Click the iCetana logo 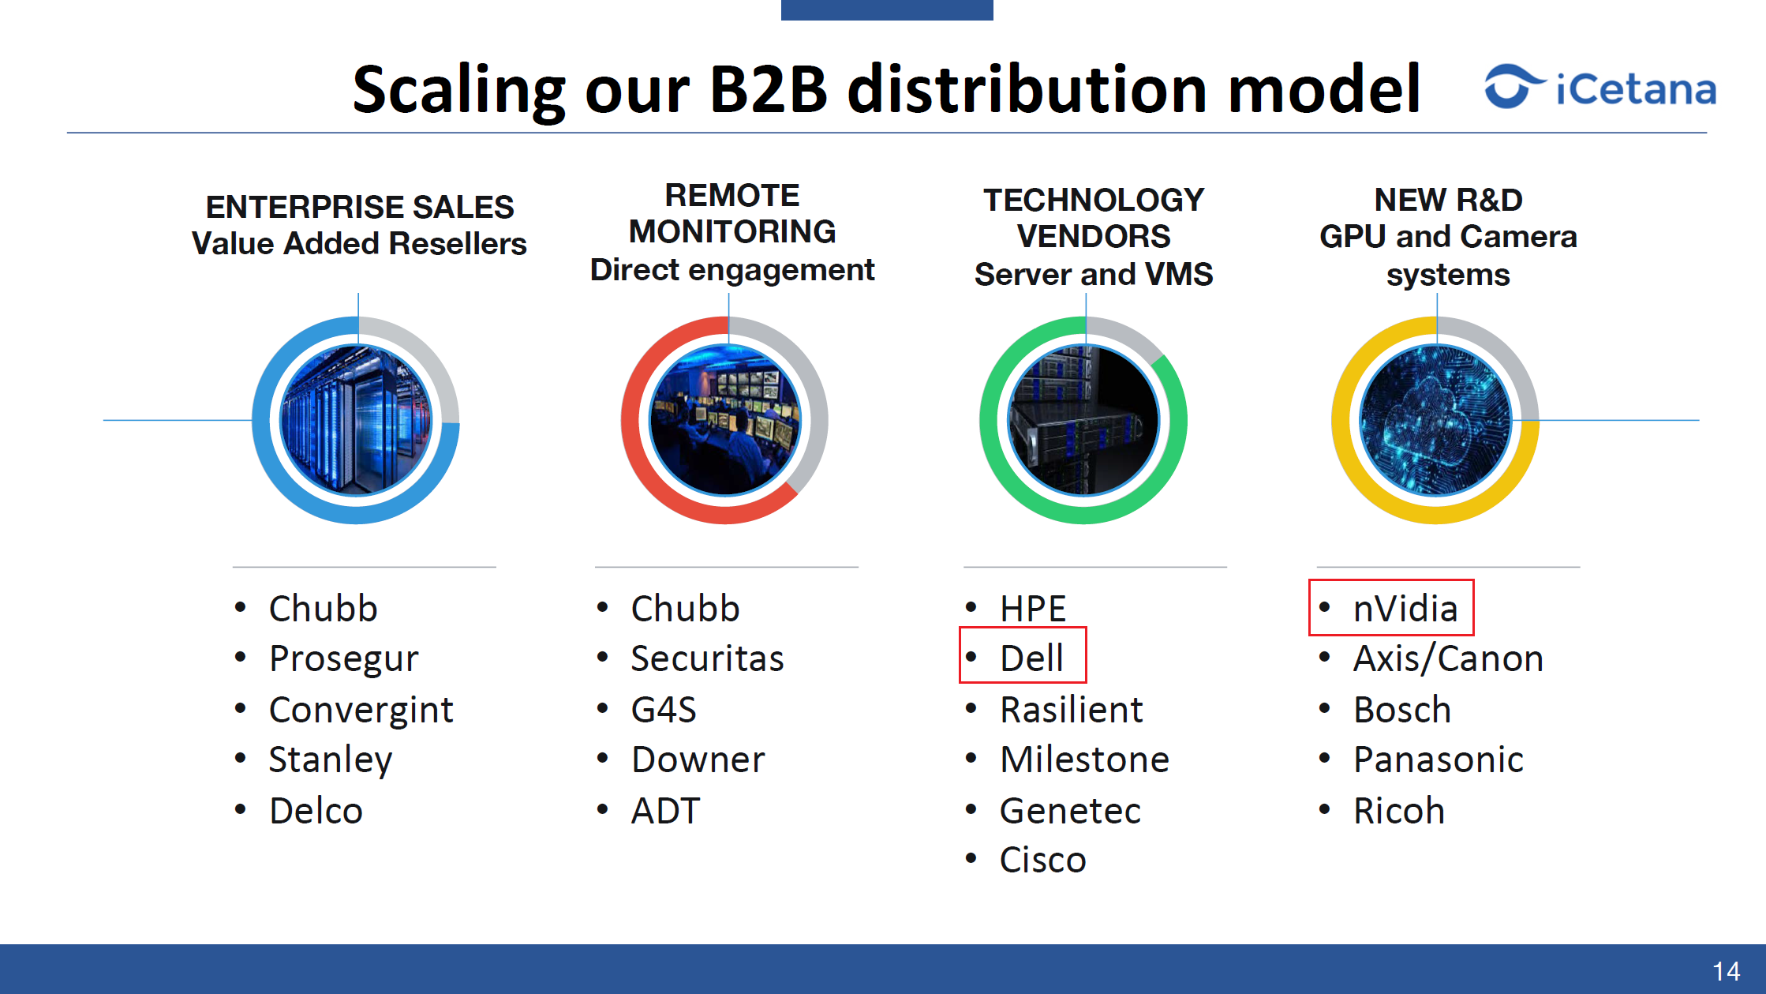coord(1600,86)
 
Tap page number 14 coord(1727,971)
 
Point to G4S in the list coord(664,709)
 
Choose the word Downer coord(698,760)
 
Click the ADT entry coord(665,811)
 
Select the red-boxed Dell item coord(1023,655)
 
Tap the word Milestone coord(1084,760)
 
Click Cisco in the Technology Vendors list coord(1042,860)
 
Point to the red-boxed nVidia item coord(1391,607)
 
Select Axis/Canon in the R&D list coord(1448,659)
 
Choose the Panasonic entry coord(1438,760)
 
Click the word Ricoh coord(1398,811)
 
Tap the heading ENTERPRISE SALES coord(360,207)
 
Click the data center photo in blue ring coord(356,420)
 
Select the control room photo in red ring coord(724,420)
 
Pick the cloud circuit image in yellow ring coord(1435,420)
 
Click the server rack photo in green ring coord(1083,420)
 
